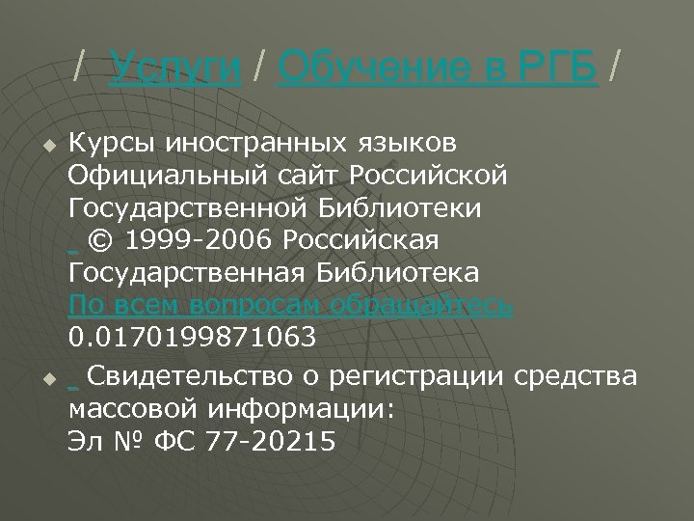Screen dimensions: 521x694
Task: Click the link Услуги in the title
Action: pyautogui.click(x=175, y=69)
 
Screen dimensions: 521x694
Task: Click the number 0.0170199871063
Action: pyautogui.click(x=192, y=340)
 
